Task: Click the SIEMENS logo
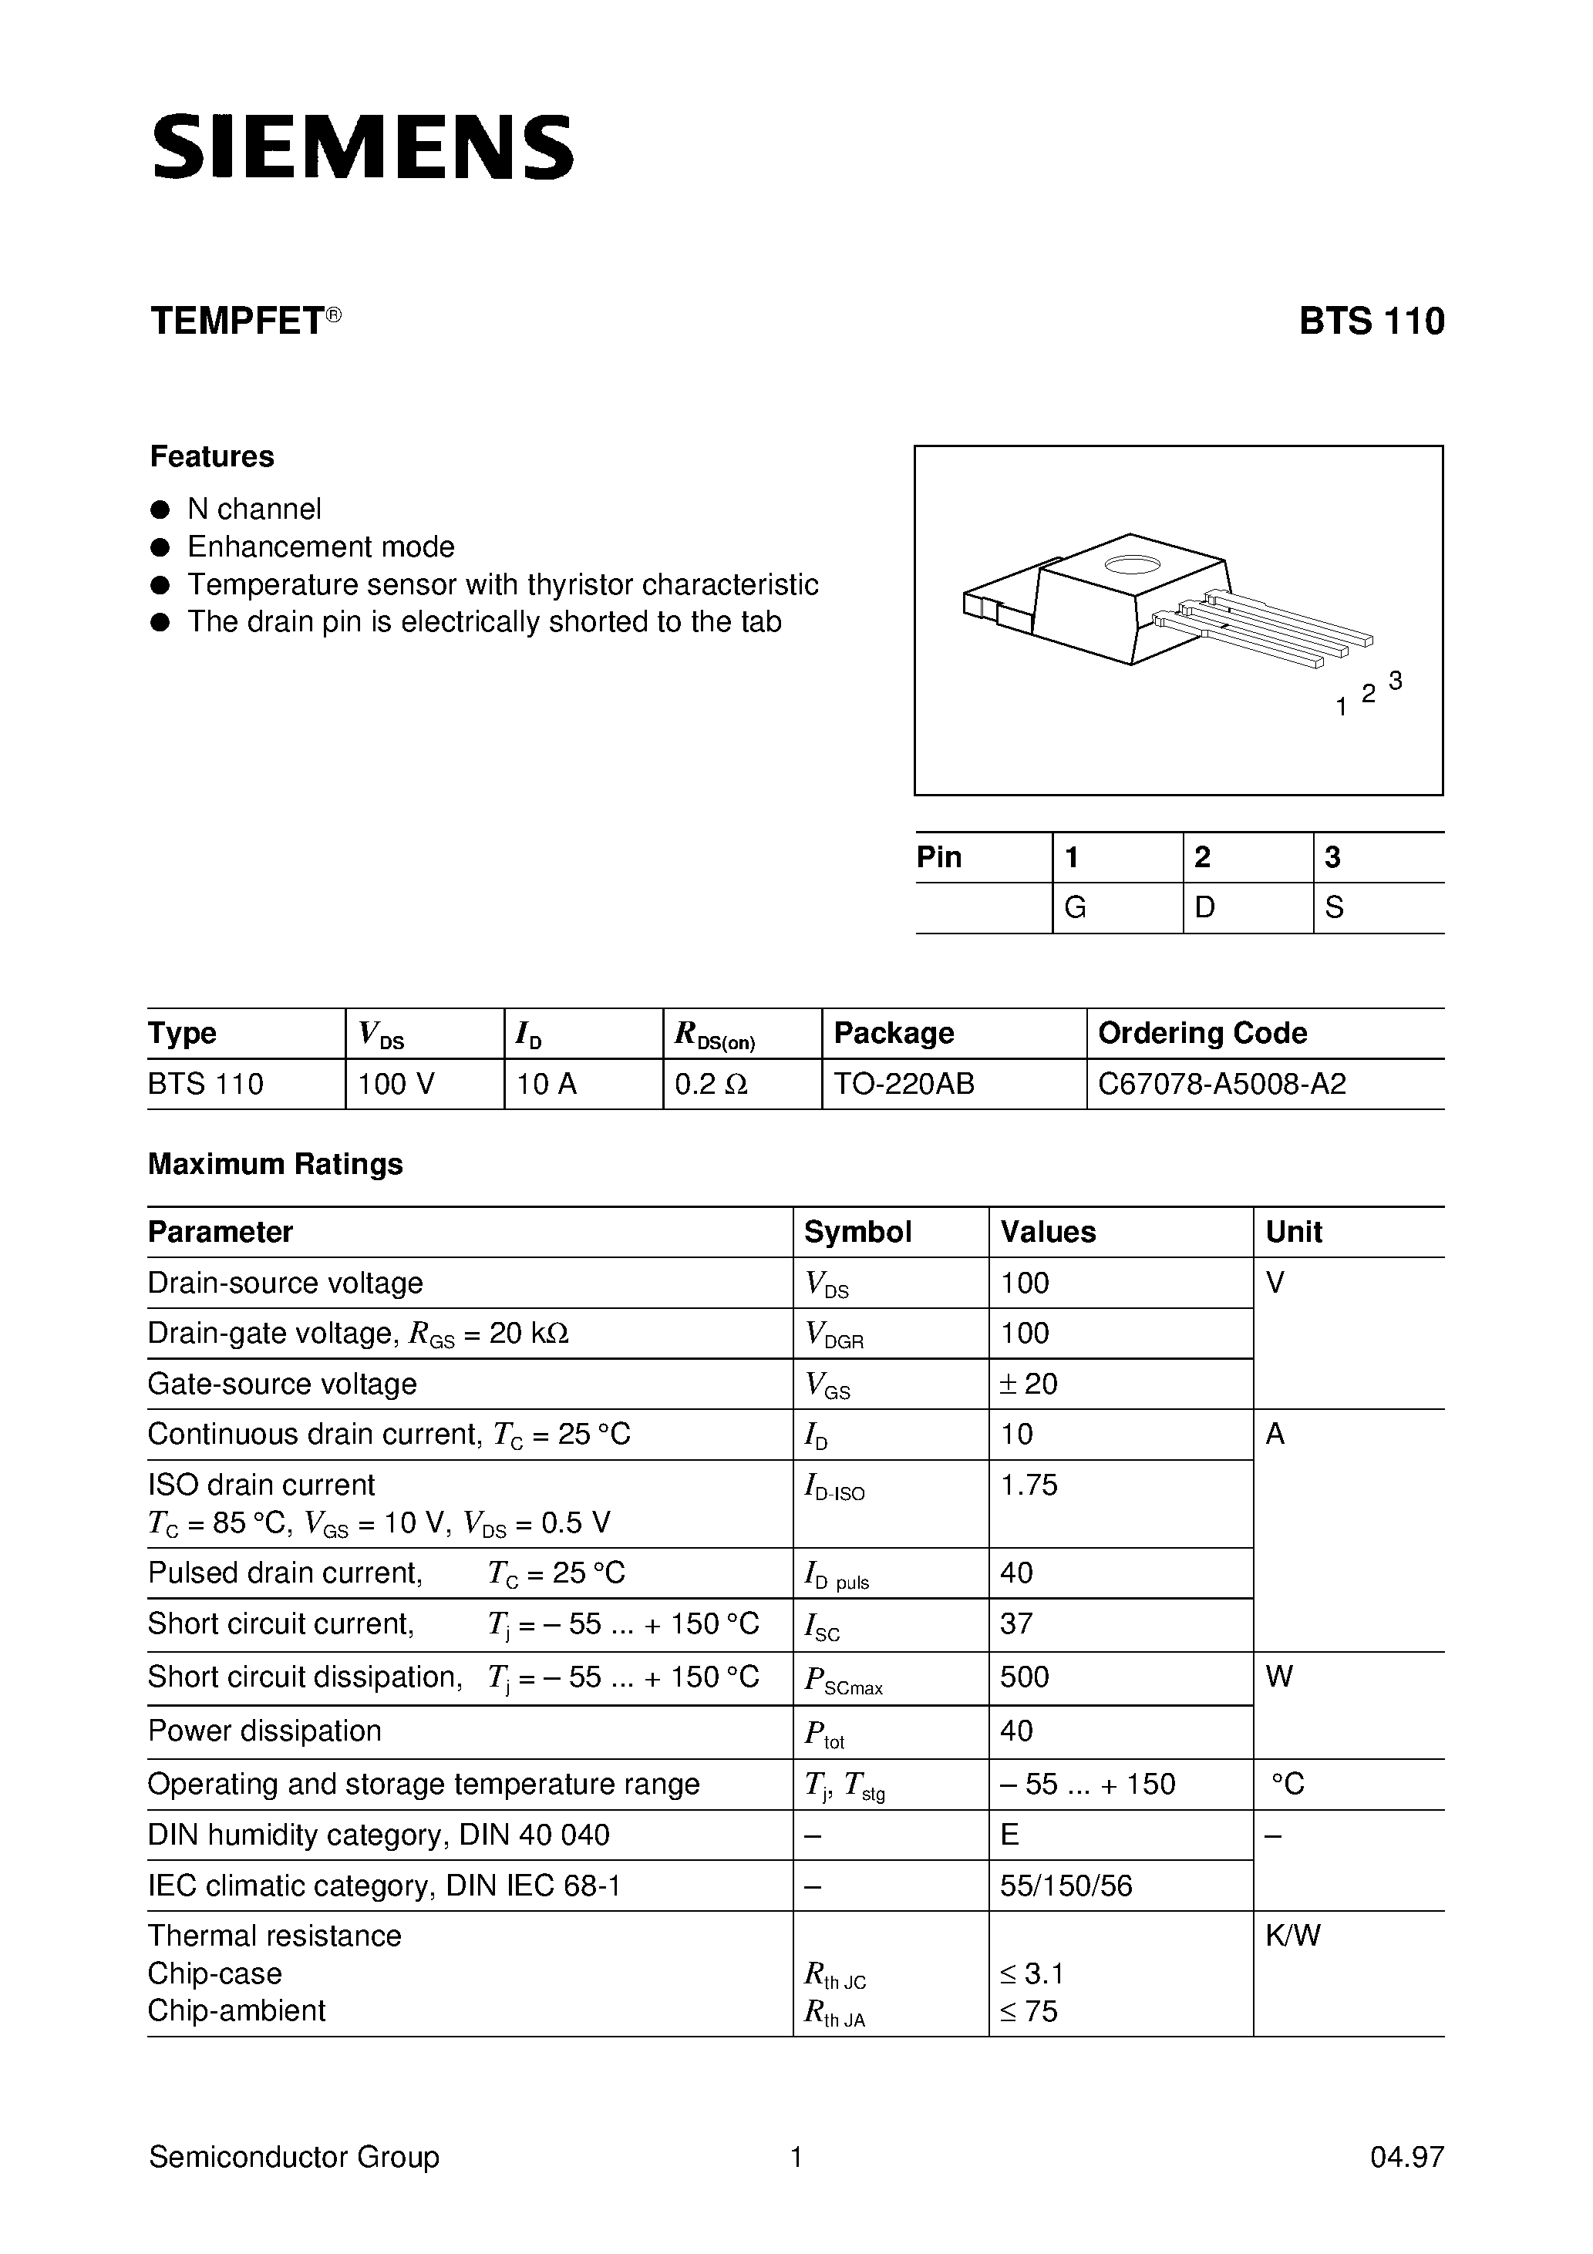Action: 362,147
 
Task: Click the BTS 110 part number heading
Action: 1371,322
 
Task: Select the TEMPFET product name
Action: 237,322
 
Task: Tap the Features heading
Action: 211,456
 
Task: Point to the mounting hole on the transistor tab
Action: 1133,564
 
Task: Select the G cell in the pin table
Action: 1076,908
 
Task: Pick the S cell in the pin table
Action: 1334,908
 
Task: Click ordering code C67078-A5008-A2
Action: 1222,1084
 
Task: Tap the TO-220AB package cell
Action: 904,1084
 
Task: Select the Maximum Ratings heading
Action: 275,1164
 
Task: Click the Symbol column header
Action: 857,1232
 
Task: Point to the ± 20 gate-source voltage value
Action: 1029,1384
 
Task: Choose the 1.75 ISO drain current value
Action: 1029,1485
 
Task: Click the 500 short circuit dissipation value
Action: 1025,1677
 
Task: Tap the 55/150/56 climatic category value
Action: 1066,1886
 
